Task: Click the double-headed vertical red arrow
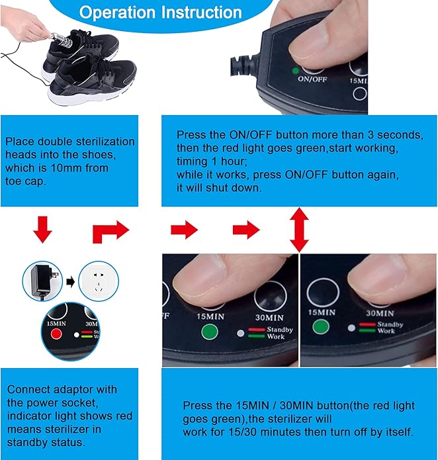coord(299,229)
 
